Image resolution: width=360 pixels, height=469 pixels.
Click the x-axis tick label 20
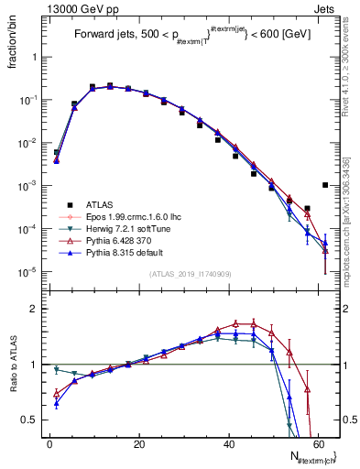point(139,443)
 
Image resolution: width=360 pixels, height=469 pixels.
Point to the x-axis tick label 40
point(229,443)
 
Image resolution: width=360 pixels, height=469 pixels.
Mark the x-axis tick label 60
point(318,443)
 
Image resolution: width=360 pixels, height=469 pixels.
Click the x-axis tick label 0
point(49,443)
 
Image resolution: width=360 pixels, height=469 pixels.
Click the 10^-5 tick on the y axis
point(28,271)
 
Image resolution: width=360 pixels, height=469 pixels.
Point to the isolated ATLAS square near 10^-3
point(326,185)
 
